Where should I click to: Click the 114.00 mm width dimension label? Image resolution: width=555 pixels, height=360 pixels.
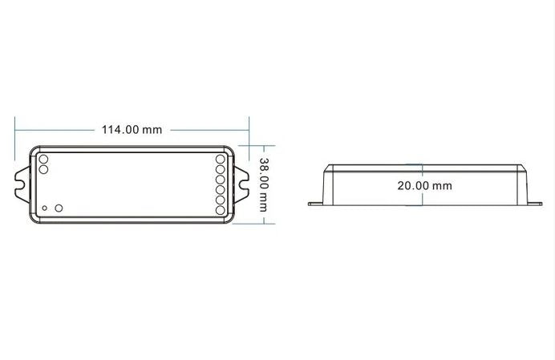pos(131,130)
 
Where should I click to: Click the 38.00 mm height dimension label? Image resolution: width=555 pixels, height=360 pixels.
pos(262,184)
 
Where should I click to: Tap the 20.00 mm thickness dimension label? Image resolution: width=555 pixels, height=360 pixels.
pos(424,185)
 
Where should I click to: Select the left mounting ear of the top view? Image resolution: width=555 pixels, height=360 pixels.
pos(22,184)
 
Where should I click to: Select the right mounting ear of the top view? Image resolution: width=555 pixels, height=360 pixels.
pos(241,184)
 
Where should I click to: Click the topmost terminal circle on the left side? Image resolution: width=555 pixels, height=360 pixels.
pos(43,159)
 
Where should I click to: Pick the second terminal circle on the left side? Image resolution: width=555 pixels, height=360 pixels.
pos(43,169)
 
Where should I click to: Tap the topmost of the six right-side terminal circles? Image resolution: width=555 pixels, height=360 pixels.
pos(221,159)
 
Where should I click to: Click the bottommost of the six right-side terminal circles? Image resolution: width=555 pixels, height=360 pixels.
pos(221,211)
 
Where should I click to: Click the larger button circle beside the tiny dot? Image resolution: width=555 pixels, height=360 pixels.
pos(58,208)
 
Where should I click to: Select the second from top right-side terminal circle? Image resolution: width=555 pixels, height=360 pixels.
pos(221,169)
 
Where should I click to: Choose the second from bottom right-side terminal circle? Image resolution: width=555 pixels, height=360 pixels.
pos(221,200)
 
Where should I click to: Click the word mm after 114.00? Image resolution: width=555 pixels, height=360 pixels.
pos(152,130)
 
